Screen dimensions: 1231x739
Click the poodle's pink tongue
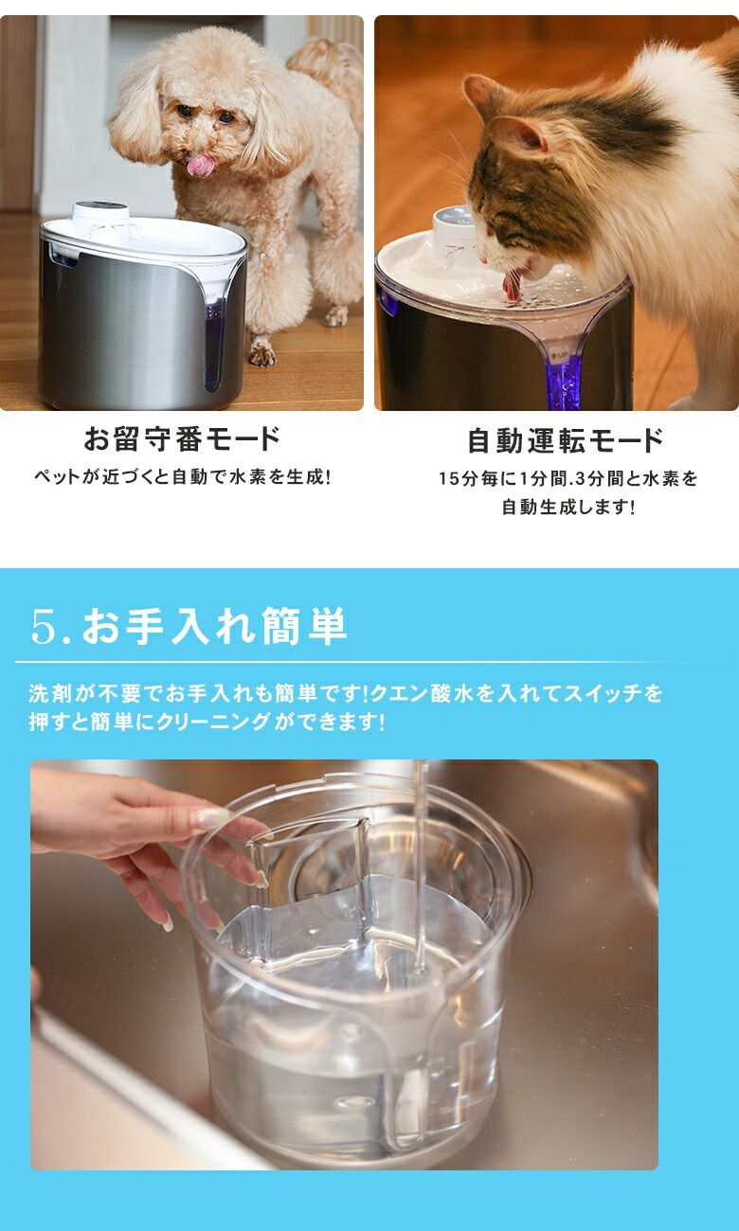point(200,167)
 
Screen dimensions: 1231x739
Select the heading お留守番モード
point(182,440)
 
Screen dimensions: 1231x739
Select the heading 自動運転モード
point(566,440)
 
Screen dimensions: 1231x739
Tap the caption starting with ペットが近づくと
point(182,477)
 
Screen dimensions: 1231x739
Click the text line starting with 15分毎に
point(568,479)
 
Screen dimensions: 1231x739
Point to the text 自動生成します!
point(568,508)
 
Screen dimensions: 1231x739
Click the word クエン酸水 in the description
point(417,694)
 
